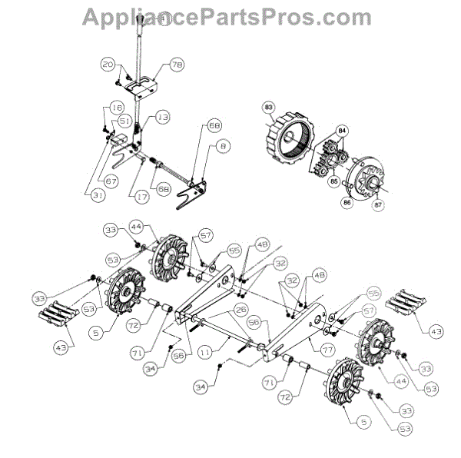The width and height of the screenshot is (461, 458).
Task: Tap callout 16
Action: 117,108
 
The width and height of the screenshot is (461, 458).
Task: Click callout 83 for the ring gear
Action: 269,107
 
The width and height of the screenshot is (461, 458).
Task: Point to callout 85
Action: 333,182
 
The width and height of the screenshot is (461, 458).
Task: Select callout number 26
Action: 240,310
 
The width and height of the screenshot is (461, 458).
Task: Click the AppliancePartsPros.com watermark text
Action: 230,17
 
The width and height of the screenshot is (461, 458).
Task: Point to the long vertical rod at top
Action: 141,46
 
